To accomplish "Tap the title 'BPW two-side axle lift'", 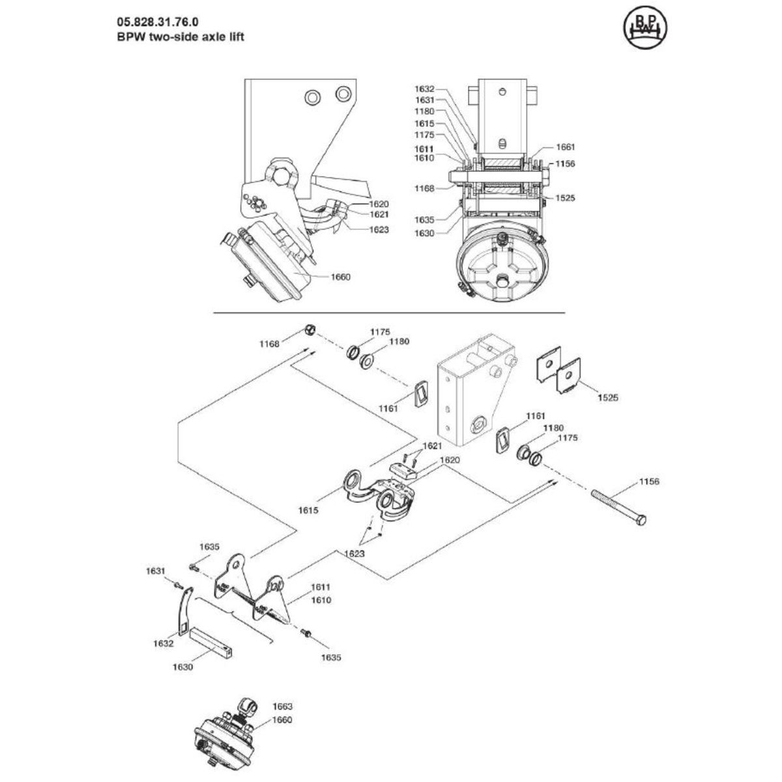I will click(171, 37).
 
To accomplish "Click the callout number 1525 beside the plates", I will click(609, 396).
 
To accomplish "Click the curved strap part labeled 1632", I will click(184, 610).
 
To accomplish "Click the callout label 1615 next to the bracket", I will click(310, 511).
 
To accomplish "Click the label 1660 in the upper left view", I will click(340, 277).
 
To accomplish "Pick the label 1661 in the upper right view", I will click(547, 147).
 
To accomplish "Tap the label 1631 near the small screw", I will click(156, 570).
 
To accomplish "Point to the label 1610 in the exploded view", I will click(321, 600).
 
